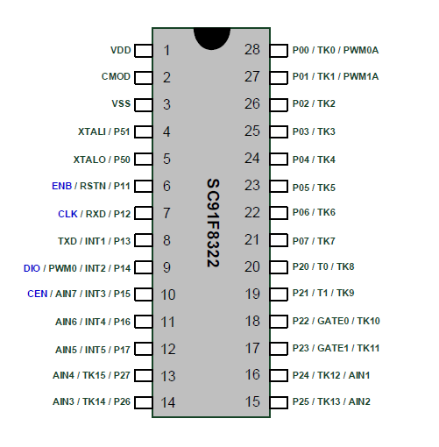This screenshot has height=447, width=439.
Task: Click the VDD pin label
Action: [120, 50]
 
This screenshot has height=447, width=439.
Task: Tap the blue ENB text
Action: [61, 186]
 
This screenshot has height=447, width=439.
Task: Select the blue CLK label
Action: [67, 214]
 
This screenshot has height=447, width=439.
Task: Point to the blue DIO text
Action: [32, 268]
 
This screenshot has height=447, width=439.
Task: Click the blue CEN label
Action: [38, 294]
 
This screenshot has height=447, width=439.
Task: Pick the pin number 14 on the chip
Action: [168, 402]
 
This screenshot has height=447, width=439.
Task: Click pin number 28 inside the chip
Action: [252, 50]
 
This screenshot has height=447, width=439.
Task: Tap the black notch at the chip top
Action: [212, 39]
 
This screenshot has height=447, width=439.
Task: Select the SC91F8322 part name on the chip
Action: [213, 223]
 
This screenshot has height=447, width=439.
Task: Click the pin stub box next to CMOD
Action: [144, 78]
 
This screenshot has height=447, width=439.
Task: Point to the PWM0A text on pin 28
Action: [361, 50]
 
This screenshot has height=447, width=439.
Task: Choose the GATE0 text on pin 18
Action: [333, 321]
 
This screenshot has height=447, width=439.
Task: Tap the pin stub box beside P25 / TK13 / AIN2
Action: [279, 402]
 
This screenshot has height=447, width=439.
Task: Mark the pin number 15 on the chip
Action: [252, 401]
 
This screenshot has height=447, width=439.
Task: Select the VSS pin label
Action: [121, 103]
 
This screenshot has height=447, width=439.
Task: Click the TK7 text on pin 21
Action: [326, 241]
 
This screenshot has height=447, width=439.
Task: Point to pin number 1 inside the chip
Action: [166, 50]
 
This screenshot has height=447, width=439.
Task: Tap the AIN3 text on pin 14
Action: [63, 401]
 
